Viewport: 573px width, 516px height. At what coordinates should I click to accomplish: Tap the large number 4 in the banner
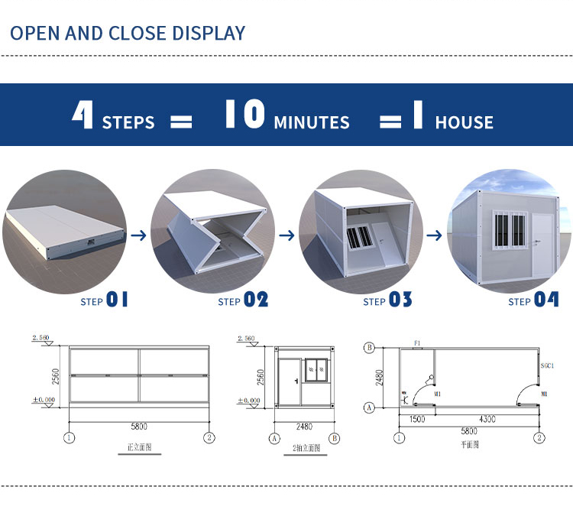[x=83, y=115]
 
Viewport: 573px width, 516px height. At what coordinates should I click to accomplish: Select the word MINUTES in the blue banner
[x=311, y=122]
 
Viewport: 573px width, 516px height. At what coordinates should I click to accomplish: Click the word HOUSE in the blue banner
[x=464, y=122]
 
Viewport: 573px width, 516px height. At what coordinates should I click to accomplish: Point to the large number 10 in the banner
[x=244, y=115]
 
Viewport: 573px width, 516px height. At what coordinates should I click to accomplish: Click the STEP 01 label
[x=104, y=300]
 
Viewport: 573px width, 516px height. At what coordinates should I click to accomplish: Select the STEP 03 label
[x=387, y=300]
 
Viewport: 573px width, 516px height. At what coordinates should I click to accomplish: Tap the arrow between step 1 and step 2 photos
[x=138, y=235]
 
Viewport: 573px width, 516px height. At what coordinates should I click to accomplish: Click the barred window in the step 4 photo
[x=507, y=227]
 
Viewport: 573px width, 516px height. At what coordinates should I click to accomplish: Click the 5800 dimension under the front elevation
[x=138, y=426]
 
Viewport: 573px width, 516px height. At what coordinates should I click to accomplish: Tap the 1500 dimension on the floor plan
[x=416, y=420]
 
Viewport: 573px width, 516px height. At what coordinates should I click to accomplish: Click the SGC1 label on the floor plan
[x=546, y=366]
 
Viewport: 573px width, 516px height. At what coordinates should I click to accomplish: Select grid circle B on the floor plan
[x=370, y=348]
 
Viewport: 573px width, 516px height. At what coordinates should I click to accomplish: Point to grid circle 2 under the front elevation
[x=208, y=438]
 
